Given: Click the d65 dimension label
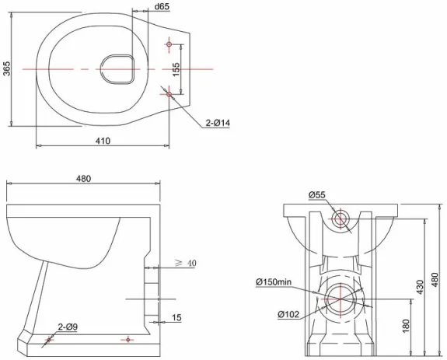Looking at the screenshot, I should pyautogui.click(x=162, y=7).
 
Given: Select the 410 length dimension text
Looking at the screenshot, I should pyautogui.click(x=103, y=140).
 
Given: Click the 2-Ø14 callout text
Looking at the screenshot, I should pyautogui.click(x=218, y=122).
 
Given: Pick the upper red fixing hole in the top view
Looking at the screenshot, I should pyautogui.click(x=170, y=44).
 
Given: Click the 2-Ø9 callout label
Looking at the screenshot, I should pyautogui.click(x=66, y=326).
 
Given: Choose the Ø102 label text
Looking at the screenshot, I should pyautogui.click(x=288, y=314).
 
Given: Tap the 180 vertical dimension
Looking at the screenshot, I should pyautogui.click(x=406, y=323).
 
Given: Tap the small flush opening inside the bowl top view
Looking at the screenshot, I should pyautogui.click(x=119, y=68).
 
